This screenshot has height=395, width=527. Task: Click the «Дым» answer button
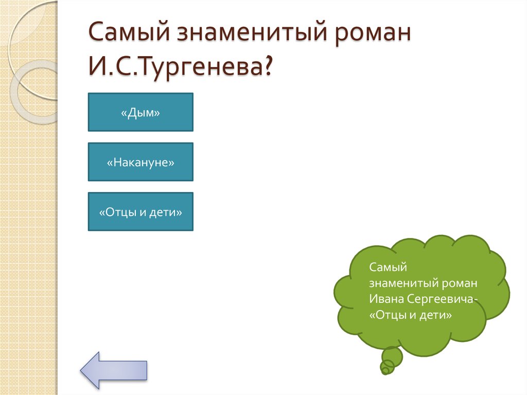point(140,112)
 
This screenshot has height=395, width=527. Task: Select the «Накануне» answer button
point(140,162)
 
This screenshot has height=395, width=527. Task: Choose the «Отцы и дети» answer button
point(140,212)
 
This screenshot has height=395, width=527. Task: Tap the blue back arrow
point(114,369)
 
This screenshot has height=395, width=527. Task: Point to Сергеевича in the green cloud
point(438,299)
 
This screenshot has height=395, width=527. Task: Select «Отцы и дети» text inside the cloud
point(410,315)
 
